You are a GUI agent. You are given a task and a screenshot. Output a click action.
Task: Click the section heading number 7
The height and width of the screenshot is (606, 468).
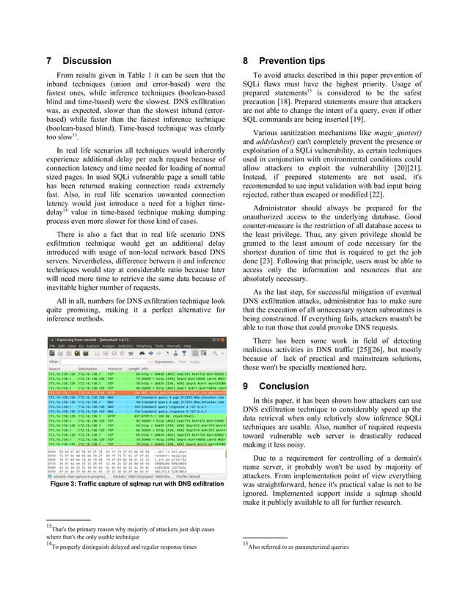48,60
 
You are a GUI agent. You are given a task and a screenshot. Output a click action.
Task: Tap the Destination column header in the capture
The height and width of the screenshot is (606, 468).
88,369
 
